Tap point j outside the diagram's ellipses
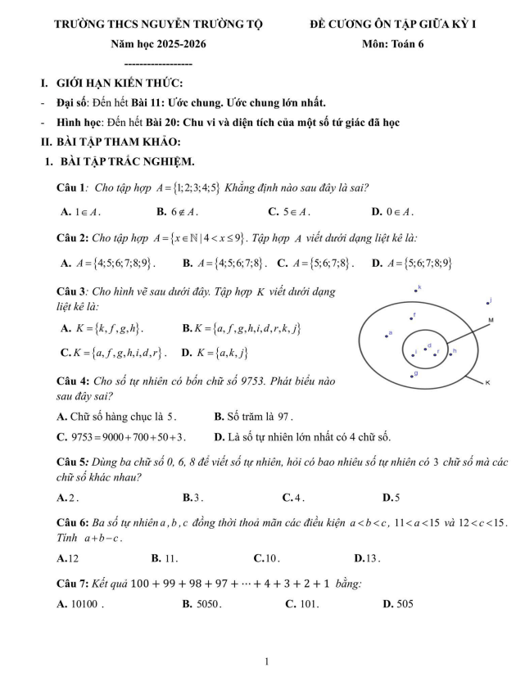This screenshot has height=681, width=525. (487, 303)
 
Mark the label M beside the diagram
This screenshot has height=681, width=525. (491, 319)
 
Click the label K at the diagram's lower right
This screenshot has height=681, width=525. (487, 382)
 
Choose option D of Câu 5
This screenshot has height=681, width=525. (391, 497)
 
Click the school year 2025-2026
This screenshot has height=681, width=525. (174, 44)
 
